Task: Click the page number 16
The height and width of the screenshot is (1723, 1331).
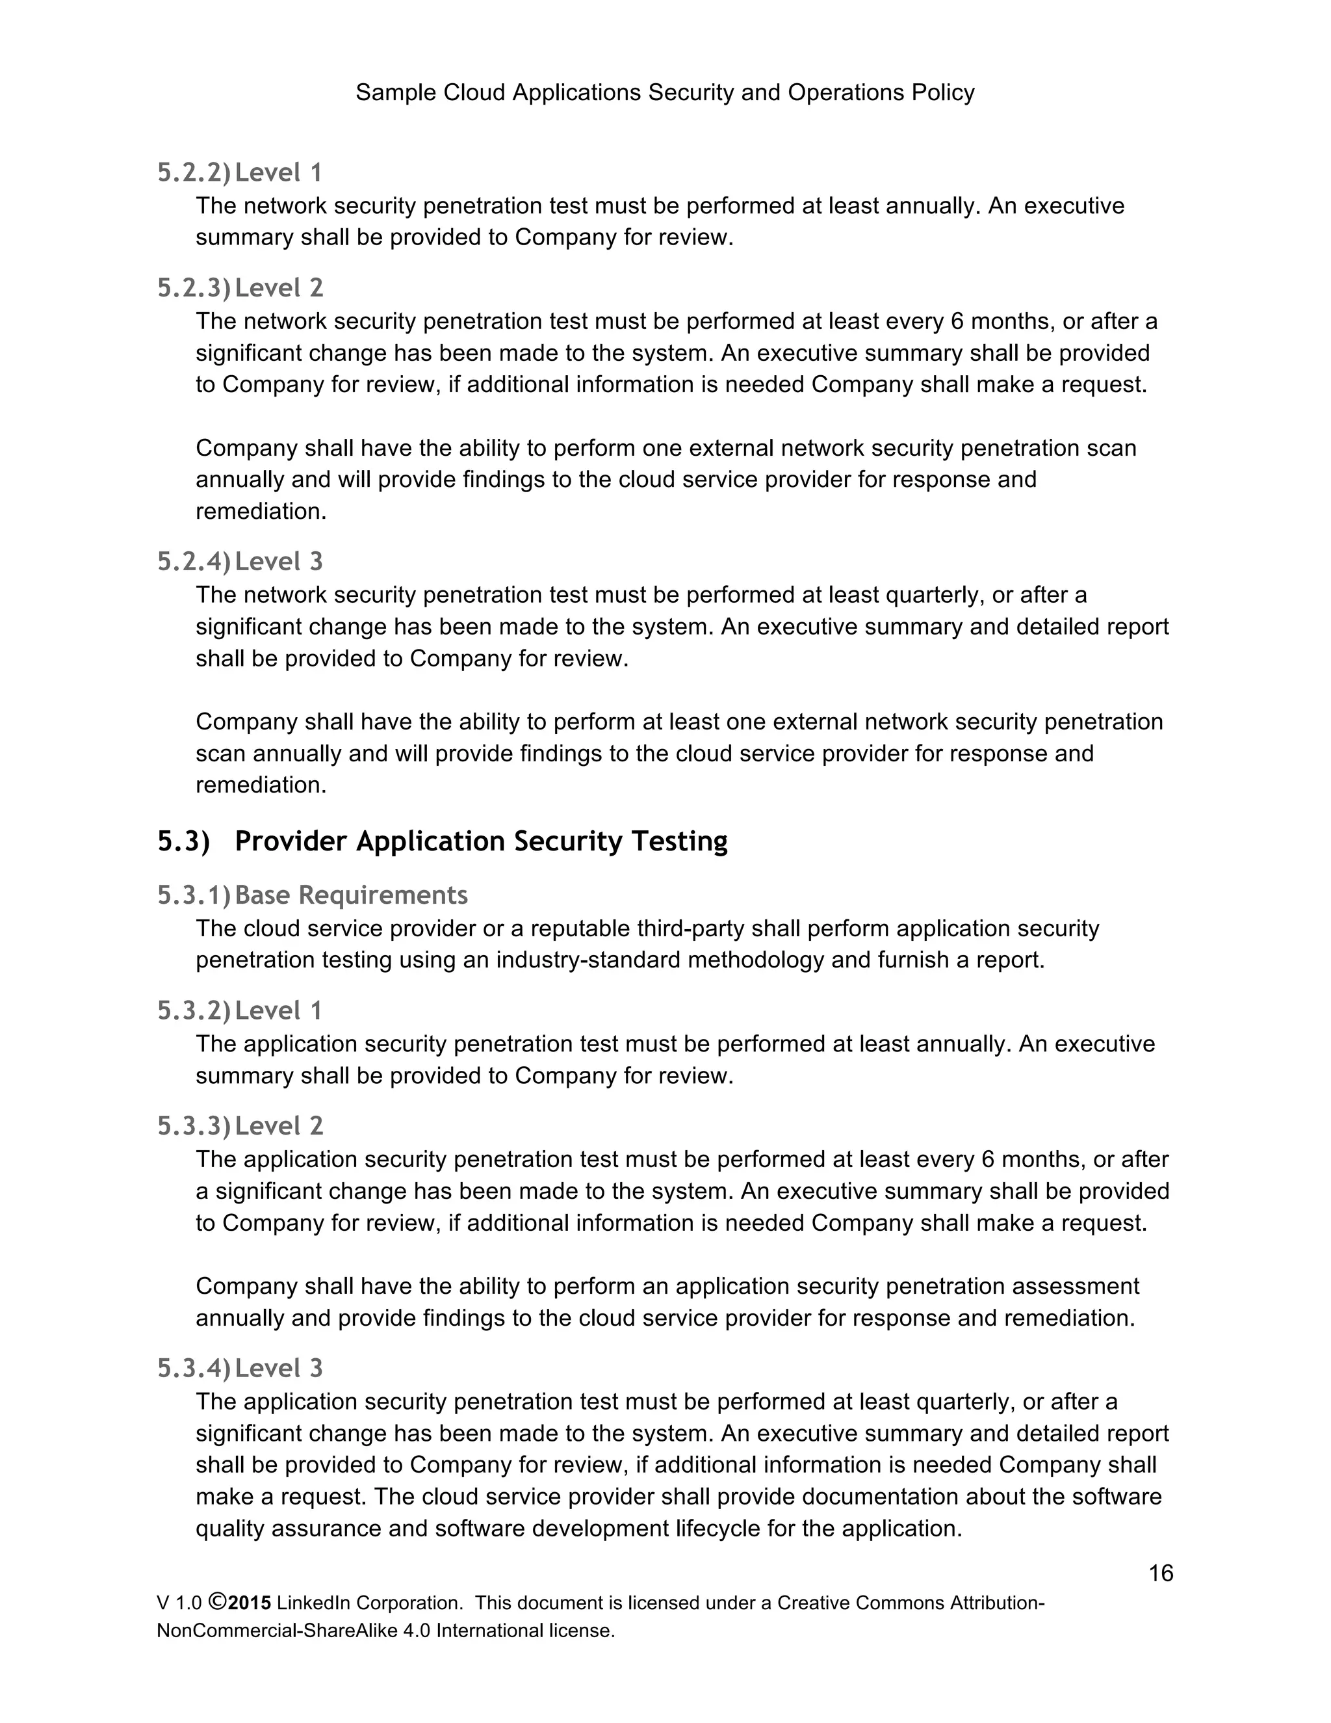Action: pyautogui.click(x=1161, y=1573)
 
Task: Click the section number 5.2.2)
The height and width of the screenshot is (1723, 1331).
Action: pyautogui.click(x=194, y=172)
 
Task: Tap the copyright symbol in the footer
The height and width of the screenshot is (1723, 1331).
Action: pyautogui.click(x=218, y=1602)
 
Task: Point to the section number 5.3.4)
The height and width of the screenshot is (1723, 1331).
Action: pyautogui.click(x=194, y=1368)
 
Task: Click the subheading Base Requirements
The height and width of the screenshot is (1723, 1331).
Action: pyautogui.click(x=351, y=895)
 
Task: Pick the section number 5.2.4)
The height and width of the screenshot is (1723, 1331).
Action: pyautogui.click(x=194, y=562)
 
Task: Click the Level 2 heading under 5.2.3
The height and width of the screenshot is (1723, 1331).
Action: pyautogui.click(x=279, y=288)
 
